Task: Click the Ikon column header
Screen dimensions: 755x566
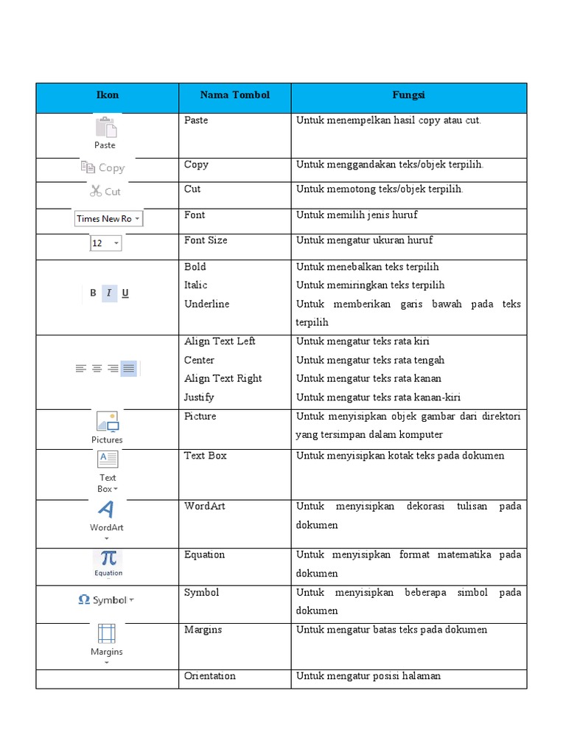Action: (x=107, y=95)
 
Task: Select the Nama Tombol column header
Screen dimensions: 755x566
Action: (x=234, y=95)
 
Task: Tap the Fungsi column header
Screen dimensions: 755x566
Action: (x=408, y=95)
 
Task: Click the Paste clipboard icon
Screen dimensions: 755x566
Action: (x=106, y=128)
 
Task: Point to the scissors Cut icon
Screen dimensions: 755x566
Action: (x=96, y=191)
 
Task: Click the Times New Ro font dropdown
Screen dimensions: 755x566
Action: (x=108, y=218)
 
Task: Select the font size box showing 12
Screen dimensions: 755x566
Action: (x=105, y=243)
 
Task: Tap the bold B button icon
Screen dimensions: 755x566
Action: (x=93, y=293)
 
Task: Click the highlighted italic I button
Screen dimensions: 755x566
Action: (x=109, y=293)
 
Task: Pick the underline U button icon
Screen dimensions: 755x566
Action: (x=125, y=293)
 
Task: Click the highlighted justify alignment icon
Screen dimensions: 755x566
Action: (x=129, y=369)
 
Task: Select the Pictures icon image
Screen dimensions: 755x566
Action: (x=107, y=422)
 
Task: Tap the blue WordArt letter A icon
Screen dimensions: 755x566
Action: (x=106, y=509)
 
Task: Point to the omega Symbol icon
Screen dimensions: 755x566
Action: (x=84, y=600)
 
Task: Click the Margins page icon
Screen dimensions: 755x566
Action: (x=107, y=633)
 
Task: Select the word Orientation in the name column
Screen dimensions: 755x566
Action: (x=210, y=676)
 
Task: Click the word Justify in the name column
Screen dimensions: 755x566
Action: (x=199, y=397)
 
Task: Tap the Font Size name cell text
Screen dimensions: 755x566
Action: (x=206, y=240)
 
